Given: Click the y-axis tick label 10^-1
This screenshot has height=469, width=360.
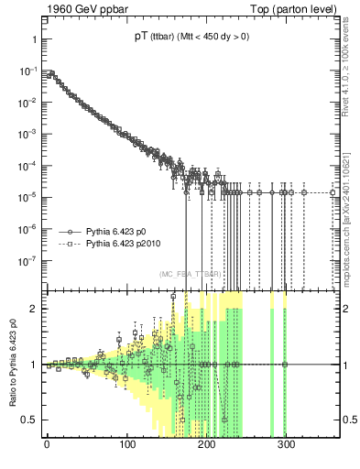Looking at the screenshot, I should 27,71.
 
